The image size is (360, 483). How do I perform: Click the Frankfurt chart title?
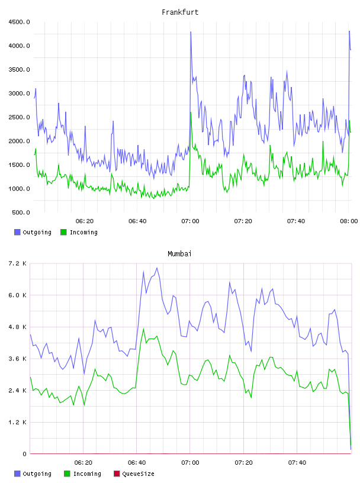pos(180,12)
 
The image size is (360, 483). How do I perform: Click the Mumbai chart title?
pos(179,253)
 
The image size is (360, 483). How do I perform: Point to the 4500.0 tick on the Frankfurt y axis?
pos(19,22)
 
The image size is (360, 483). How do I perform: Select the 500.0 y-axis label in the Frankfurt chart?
pos(21,212)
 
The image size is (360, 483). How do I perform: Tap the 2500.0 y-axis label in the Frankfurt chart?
pos(19,117)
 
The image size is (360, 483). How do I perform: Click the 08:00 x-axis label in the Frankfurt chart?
pos(349,221)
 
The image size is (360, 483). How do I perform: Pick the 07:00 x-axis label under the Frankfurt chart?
pos(190,221)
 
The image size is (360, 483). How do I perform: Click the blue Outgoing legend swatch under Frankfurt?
pos(17,232)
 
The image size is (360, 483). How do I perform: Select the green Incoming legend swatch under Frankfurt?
pos(63,232)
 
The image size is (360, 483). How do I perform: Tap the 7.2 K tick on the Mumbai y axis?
pos(17,263)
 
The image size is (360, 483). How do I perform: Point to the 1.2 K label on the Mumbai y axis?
pos(17,422)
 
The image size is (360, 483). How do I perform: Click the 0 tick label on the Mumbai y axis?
pos(24,454)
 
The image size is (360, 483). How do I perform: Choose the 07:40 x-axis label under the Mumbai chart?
pos(297,462)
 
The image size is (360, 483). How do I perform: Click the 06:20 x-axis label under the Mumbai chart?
pos(83,462)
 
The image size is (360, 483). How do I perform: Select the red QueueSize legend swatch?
pos(117,474)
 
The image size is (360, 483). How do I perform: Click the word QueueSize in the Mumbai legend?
pos(138,474)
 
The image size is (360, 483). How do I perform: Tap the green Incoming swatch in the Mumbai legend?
pos(67,474)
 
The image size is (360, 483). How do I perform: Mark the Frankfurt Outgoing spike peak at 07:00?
pos(191,32)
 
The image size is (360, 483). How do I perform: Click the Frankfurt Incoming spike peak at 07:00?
pos(191,112)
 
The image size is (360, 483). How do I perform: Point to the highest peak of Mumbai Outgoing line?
pos(157,268)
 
